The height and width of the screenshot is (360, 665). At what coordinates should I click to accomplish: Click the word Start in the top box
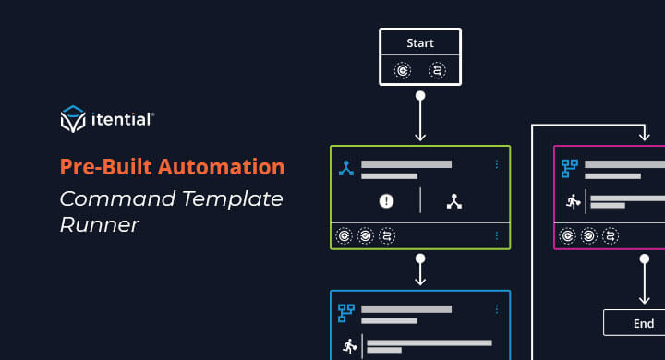coord(420,42)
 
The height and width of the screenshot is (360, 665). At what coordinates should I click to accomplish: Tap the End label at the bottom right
coord(644,323)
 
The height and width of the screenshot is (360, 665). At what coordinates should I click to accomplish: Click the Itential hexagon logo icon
coord(72,119)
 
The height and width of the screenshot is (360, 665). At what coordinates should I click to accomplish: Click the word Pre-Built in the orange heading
coord(102,167)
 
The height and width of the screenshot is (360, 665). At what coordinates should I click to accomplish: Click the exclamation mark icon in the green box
coord(386,200)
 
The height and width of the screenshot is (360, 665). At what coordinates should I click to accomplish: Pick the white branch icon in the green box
coord(453,200)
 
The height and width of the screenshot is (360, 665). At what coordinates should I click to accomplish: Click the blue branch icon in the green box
coord(346,168)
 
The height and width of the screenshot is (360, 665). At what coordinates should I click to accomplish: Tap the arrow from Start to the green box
coord(420,116)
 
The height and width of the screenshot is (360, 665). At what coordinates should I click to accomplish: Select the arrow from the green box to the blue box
coord(420,271)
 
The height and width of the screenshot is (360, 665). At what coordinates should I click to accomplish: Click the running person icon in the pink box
coord(572,201)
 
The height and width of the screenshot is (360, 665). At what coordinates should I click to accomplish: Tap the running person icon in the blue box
coord(349,347)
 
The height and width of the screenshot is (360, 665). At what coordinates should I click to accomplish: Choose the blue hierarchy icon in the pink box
coord(570,168)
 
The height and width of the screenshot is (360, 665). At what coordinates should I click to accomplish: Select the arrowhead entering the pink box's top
coord(644,137)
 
